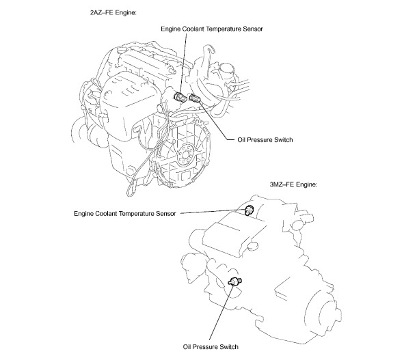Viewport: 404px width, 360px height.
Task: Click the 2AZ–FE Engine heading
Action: pos(113,12)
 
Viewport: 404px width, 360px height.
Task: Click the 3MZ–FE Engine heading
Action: pos(293,184)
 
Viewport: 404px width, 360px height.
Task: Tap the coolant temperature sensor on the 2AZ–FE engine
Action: pos(179,96)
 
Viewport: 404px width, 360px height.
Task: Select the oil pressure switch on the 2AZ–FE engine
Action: pos(193,98)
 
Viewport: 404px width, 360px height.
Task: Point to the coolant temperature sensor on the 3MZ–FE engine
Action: pos(249,210)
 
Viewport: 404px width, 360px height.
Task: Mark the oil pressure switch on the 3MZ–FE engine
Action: pos(235,281)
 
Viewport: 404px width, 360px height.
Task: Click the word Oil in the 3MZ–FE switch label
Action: pos(187,347)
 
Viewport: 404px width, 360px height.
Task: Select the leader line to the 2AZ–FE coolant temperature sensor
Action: pos(183,64)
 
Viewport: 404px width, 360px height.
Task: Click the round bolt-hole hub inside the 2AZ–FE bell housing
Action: pos(185,155)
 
